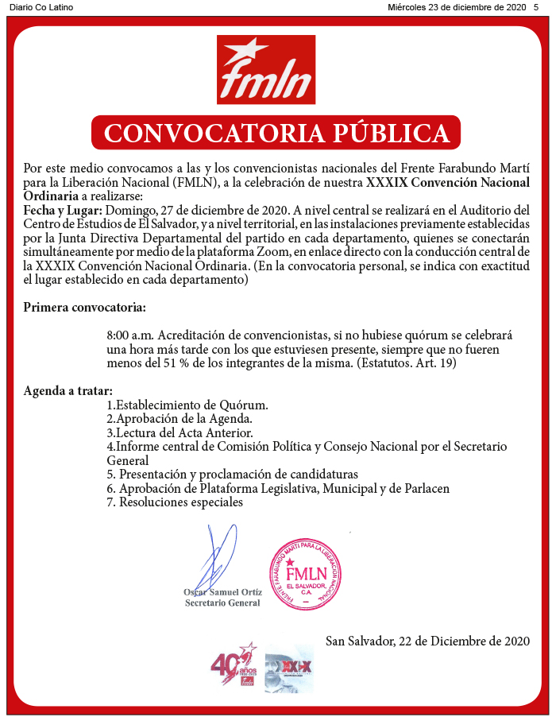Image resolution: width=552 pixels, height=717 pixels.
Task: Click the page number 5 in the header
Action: point(536,7)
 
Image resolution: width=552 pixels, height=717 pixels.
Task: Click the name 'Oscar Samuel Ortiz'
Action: point(222,591)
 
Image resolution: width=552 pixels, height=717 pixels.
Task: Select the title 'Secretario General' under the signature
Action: point(222,603)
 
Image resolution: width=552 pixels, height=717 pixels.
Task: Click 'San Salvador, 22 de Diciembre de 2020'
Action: point(427,640)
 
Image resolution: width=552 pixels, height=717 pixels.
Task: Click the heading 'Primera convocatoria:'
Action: point(84,307)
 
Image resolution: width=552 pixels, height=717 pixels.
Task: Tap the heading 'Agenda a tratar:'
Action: point(68,391)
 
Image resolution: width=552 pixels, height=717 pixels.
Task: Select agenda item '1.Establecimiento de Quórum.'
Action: point(187,405)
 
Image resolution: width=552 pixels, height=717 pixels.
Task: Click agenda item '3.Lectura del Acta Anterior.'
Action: point(179,433)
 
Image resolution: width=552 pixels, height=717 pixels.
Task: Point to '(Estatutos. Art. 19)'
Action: point(406,362)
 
